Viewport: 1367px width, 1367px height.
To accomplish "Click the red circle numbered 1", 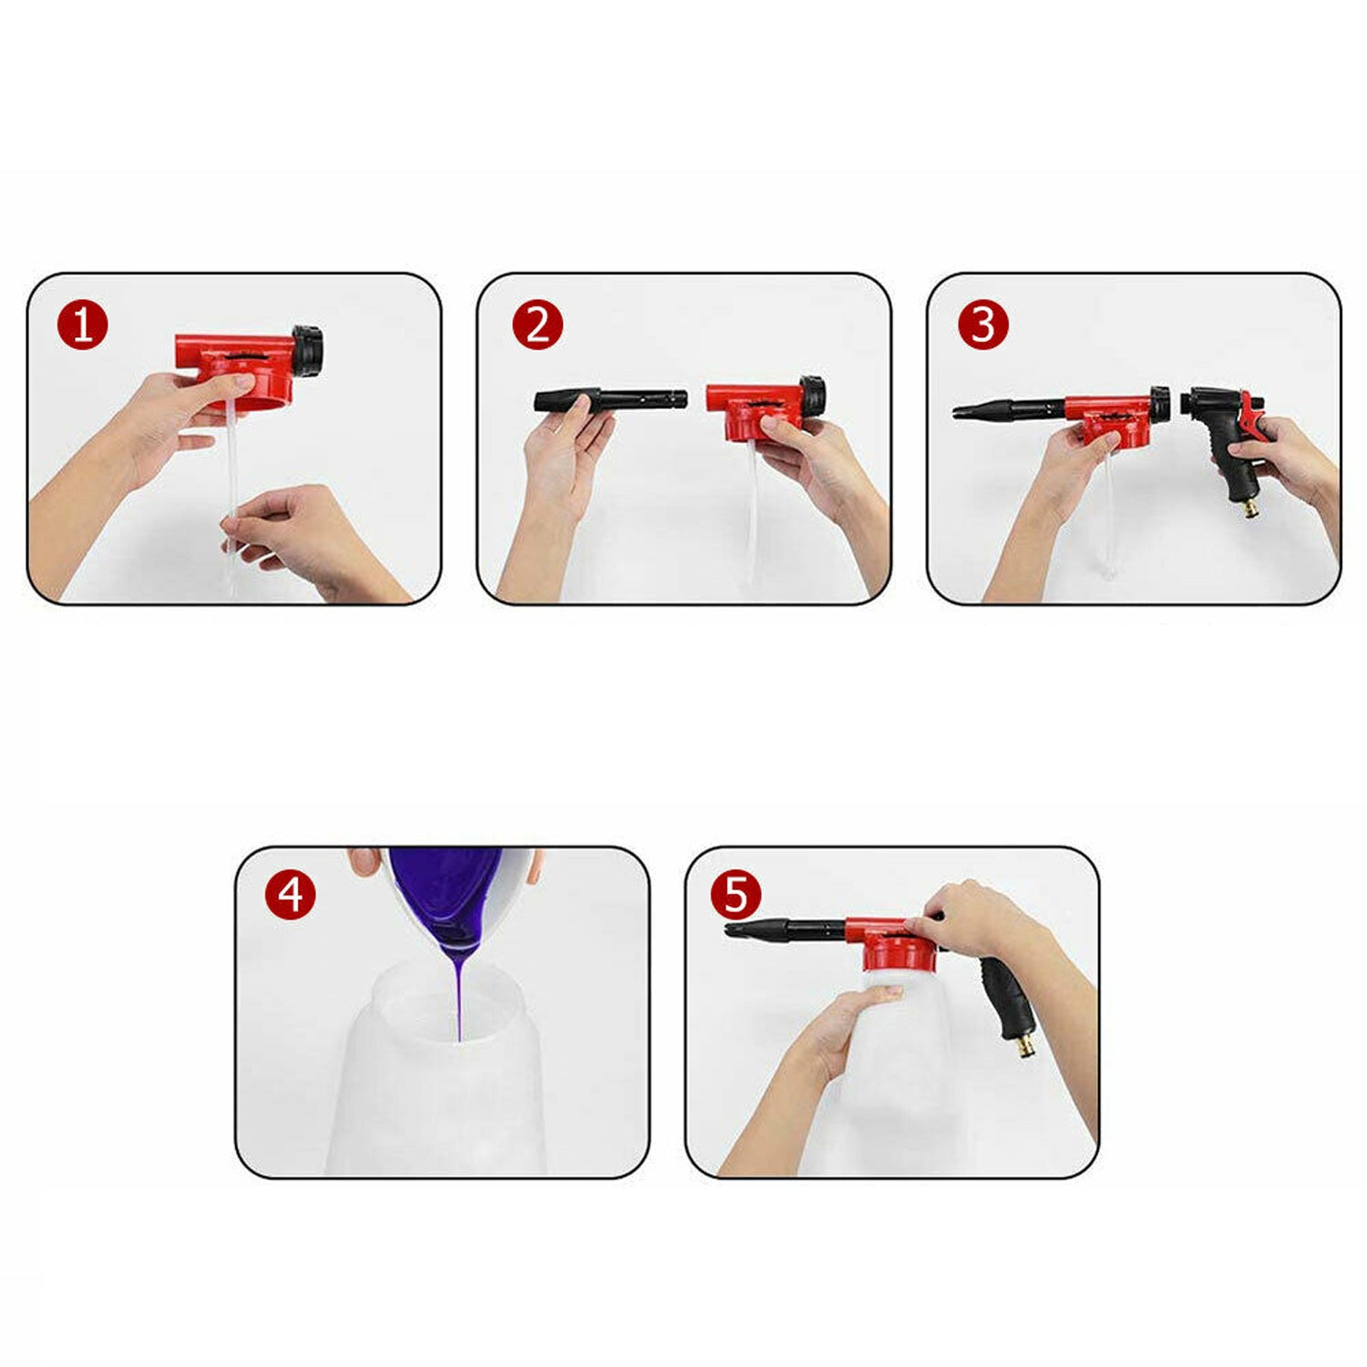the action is pyautogui.click(x=83, y=325).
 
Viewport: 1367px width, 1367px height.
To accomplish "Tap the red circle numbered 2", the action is pyautogui.click(x=538, y=325).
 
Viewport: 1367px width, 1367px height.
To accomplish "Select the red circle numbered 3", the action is pyautogui.click(x=983, y=325).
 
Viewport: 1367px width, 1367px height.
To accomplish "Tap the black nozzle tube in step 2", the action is pyautogui.click(x=610, y=400).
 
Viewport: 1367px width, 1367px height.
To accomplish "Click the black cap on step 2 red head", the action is pyautogui.click(x=813, y=394).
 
